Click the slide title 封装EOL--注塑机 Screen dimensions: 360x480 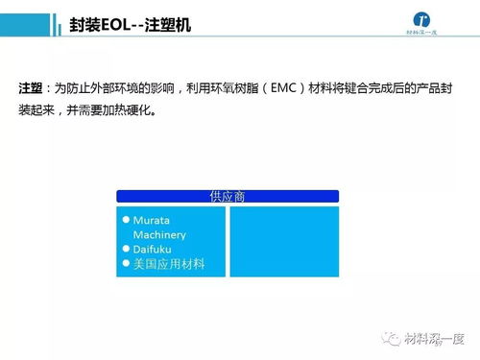[x=131, y=25]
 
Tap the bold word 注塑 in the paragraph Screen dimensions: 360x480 [x=32, y=87]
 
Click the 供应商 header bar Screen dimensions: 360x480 [x=228, y=196]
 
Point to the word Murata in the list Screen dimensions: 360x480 [x=152, y=220]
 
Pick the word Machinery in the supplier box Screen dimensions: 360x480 [x=159, y=234]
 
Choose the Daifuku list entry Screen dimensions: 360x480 [x=154, y=249]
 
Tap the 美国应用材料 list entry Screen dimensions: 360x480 [x=169, y=263]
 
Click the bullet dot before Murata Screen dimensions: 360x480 [x=126, y=220]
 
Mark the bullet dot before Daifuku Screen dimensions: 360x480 [x=126, y=249]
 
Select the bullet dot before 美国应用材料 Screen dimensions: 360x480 [x=126, y=263]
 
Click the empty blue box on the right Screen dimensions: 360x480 [x=284, y=241]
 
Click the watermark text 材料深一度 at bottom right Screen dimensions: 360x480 [x=435, y=338]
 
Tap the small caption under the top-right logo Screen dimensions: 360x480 [x=422, y=44]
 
